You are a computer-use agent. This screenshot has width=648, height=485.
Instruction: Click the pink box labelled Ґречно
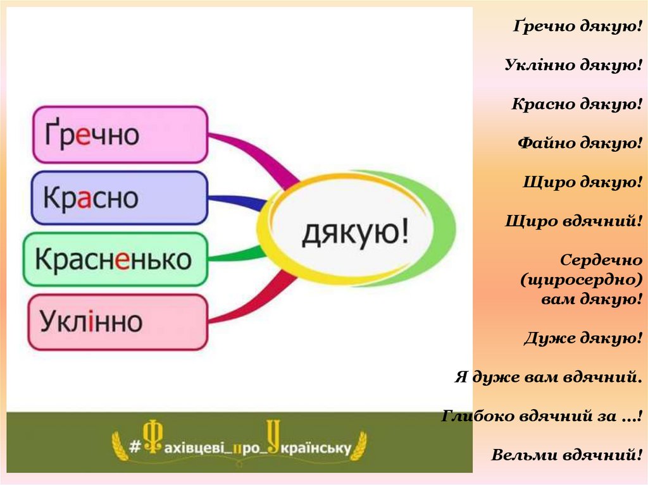pyautogui.click(x=120, y=135)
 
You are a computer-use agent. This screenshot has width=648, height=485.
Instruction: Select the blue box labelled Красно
pyautogui.click(x=120, y=198)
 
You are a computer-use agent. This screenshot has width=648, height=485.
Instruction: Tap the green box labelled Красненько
pyautogui.click(x=115, y=259)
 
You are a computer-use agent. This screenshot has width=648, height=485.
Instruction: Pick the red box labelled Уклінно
pyautogui.click(x=118, y=322)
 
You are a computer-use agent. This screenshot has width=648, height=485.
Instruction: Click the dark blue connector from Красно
pyautogui.click(x=238, y=201)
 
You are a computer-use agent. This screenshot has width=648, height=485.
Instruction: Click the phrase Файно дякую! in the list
pyautogui.click(x=580, y=143)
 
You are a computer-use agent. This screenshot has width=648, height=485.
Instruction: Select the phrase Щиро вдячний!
pyautogui.click(x=573, y=221)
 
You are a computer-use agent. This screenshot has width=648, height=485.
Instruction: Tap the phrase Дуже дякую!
pyautogui.click(x=583, y=338)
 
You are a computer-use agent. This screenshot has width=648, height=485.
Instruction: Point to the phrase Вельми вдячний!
pyautogui.click(x=566, y=455)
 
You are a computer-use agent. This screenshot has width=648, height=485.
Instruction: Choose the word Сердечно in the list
pyautogui.click(x=601, y=260)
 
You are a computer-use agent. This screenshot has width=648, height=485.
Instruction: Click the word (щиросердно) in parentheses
pyautogui.click(x=582, y=279)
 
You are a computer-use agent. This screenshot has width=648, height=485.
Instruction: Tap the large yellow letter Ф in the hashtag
pyautogui.click(x=152, y=438)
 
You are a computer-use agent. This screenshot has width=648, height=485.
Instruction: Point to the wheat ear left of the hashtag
pyautogui.click(x=119, y=446)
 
